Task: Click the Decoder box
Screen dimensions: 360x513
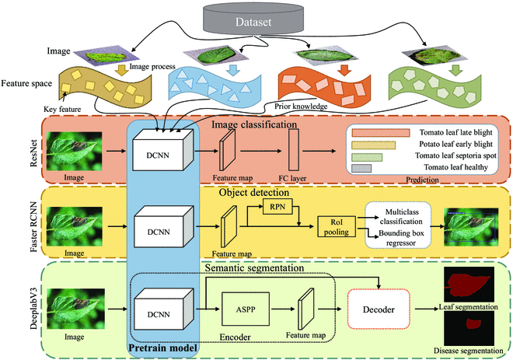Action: (x=376, y=309)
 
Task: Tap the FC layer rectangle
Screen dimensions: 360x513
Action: (x=295, y=149)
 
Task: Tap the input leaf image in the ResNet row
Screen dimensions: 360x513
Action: (x=75, y=150)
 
